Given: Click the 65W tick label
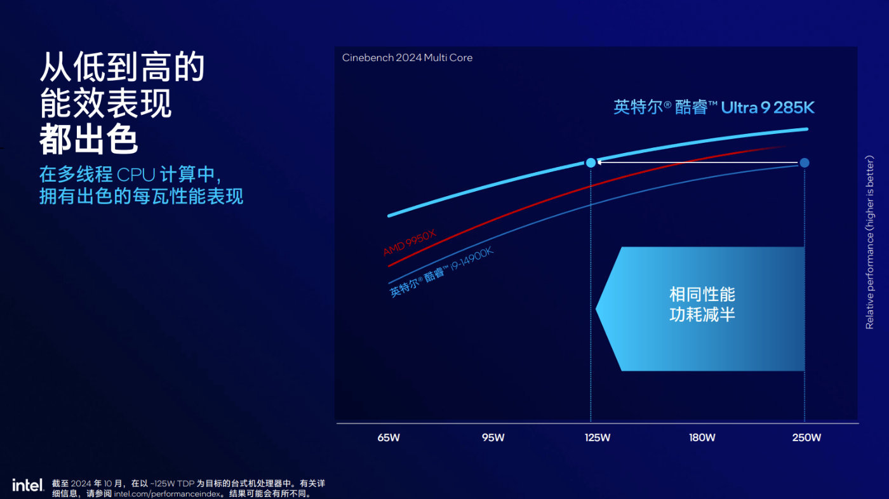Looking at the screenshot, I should [389, 437].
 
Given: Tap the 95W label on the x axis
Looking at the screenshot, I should [493, 437].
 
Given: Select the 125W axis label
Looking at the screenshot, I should [598, 437].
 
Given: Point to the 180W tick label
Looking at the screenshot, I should [702, 437].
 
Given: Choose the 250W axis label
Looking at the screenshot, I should [806, 437].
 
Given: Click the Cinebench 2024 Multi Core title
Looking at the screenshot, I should [407, 58].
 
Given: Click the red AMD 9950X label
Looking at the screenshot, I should [410, 243].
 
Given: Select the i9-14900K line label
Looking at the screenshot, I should [441, 272].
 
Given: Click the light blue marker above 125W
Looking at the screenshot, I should [591, 163].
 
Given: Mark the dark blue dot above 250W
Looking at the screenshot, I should [805, 163].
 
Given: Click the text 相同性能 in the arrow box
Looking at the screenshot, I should [702, 295].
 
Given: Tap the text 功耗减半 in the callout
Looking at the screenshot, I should [702, 314].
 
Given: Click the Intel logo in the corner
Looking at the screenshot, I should [27, 485].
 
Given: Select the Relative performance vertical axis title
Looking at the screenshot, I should [870, 241].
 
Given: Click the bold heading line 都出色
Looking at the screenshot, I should [89, 140].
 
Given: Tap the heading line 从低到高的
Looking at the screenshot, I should [122, 67].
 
